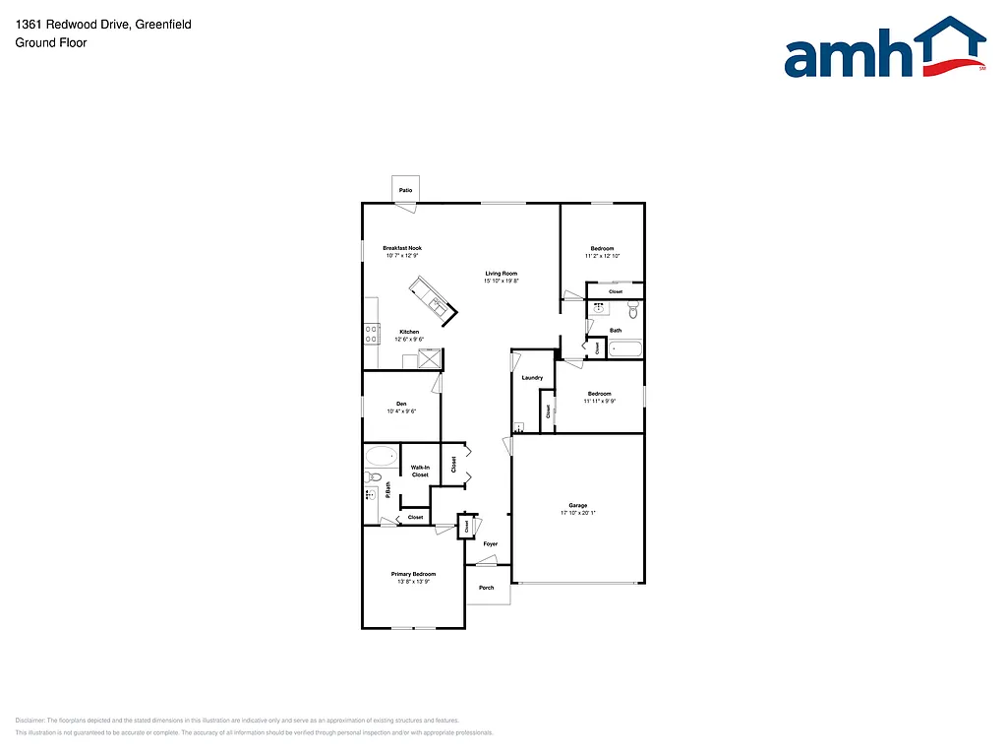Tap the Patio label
coord(405,190)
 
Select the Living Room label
coord(501,273)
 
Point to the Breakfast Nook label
coord(402,247)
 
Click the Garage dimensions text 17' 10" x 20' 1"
coord(578,513)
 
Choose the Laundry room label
coord(532,378)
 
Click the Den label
coord(401,404)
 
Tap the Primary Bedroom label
coord(413,574)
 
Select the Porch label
coord(487,588)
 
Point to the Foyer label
coord(490,543)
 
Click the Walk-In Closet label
coord(420,471)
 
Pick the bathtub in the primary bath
coord(382,456)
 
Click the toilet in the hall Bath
coord(633,311)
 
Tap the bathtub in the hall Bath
coord(625,346)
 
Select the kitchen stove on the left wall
coord(372,334)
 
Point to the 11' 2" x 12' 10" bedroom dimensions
coord(602,256)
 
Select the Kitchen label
coord(409,332)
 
